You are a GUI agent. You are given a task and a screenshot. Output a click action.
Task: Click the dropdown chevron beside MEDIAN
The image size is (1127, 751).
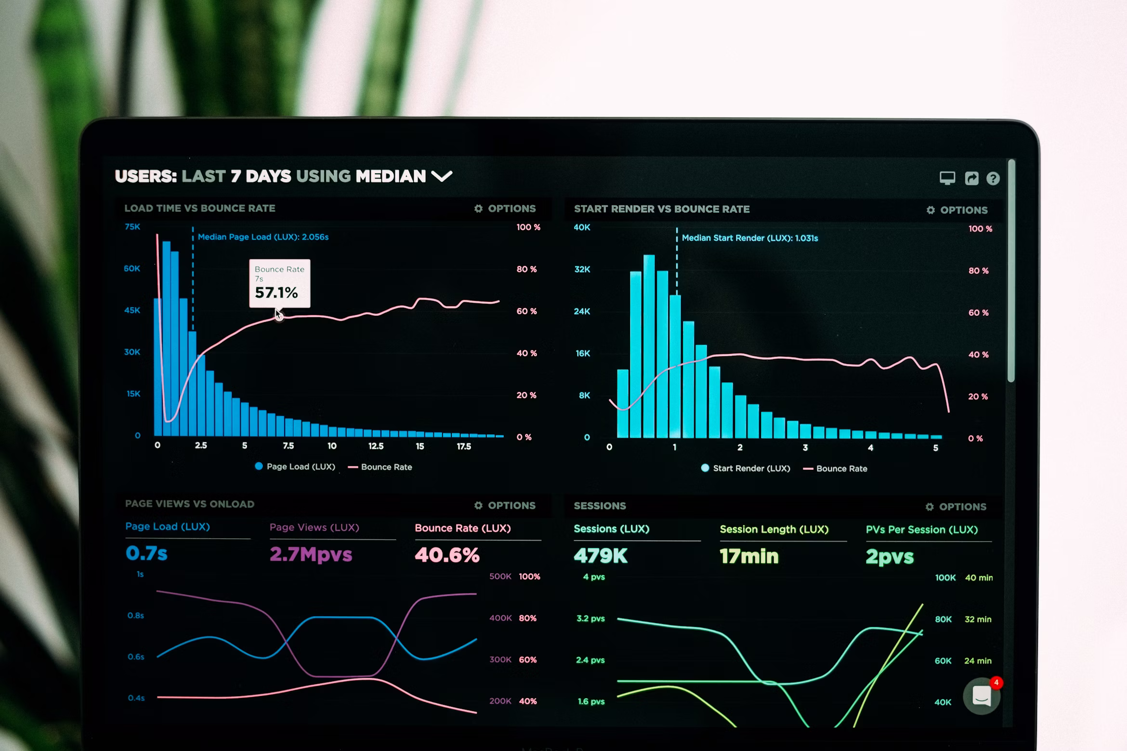[x=442, y=176]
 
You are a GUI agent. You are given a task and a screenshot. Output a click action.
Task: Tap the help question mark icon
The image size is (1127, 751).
[x=993, y=179]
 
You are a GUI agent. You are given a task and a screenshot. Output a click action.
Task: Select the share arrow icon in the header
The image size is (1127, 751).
[x=971, y=179]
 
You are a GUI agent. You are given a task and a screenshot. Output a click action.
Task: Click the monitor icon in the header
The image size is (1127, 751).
[x=947, y=178]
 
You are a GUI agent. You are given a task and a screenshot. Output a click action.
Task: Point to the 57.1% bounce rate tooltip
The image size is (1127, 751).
[x=279, y=284]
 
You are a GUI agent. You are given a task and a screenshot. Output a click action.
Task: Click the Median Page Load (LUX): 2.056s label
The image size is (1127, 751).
[x=263, y=237]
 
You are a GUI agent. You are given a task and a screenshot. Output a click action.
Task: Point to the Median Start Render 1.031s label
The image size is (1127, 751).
[x=749, y=238]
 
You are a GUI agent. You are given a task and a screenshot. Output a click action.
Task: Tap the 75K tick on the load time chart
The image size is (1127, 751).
[x=132, y=227]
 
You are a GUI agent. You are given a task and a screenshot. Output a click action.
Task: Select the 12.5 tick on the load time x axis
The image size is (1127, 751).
[x=376, y=446]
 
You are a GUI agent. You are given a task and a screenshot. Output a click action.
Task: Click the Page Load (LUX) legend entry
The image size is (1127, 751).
[x=295, y=466]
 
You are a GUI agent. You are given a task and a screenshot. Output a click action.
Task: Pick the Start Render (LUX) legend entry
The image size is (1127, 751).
[x=746, y=468]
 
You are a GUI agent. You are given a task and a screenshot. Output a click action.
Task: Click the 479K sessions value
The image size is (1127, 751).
[x=600, y=556]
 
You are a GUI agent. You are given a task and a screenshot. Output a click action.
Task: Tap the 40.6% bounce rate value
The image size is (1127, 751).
[x=447, y=555]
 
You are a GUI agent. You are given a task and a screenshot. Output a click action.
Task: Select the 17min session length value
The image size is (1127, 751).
[x=749, y=557]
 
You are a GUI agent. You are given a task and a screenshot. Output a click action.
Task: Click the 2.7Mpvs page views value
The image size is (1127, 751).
[x=311, y=555]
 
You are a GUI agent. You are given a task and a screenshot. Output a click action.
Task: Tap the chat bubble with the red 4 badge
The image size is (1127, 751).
[x=982, y=696]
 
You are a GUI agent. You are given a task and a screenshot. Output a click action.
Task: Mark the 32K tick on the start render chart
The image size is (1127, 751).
[x=582, y=269]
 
